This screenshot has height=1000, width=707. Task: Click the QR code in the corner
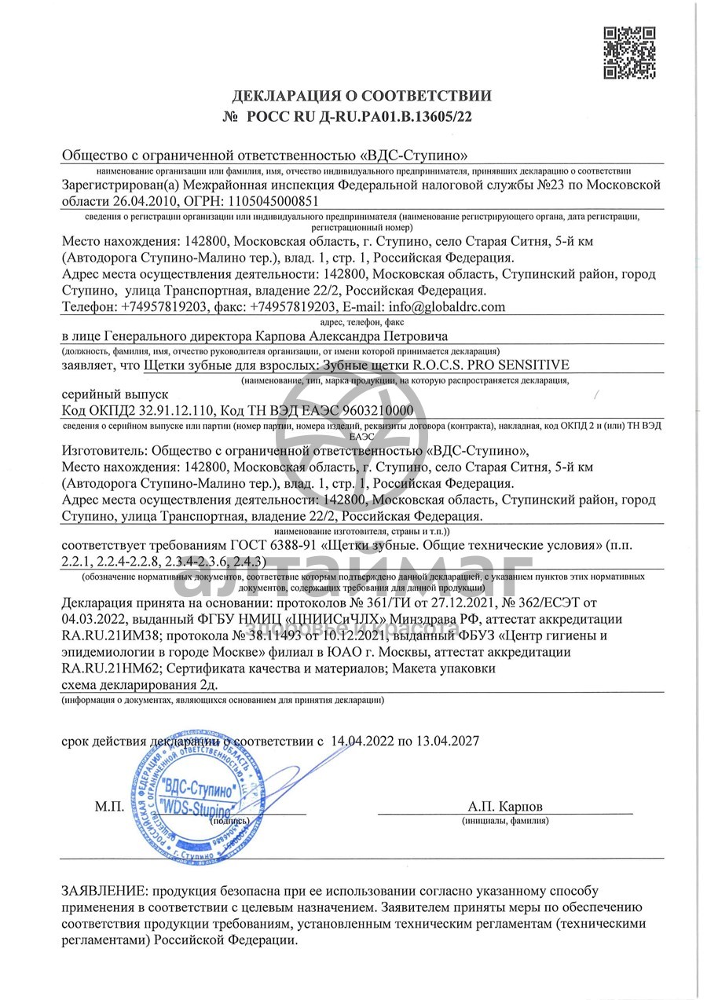coord(628,53)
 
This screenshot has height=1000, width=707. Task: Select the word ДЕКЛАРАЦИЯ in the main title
coord(284,97)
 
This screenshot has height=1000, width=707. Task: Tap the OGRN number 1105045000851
coord(272,200)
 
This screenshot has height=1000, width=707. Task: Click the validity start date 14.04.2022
coord(365,740)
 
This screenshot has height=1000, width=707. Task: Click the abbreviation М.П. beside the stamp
coord(110,807)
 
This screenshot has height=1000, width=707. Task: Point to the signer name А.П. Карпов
coord(504,807)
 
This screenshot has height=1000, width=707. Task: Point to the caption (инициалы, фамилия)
coord(505,821)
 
